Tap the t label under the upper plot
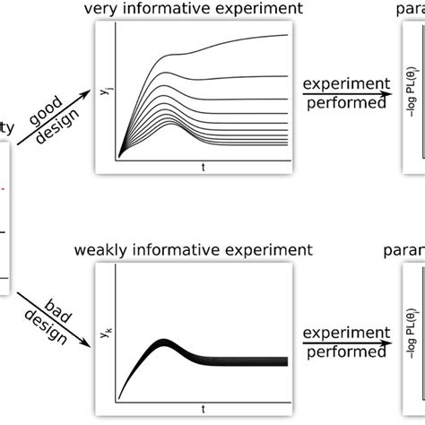click(x=203, y=168)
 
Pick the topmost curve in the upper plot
click(x=233, y=39)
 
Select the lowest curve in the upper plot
click(x=233, y=143)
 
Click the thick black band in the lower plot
click(x=233, y=361)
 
